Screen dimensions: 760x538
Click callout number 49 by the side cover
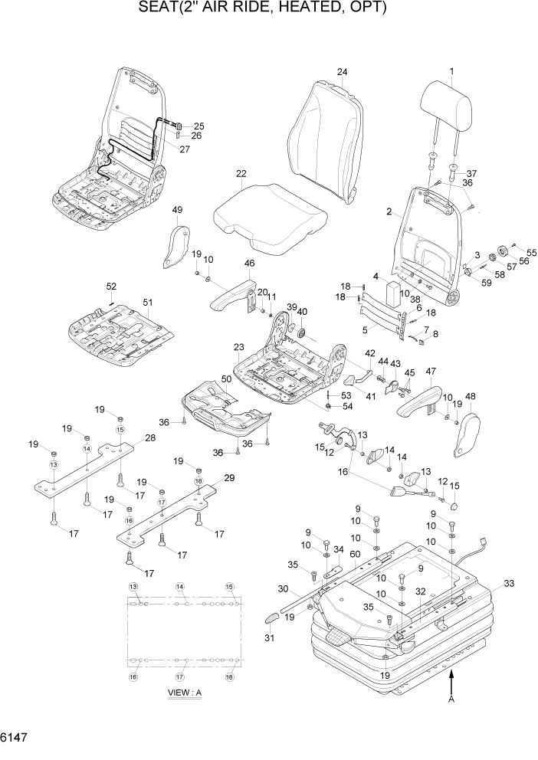[x=177, y=211]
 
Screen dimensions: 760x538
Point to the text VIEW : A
[x=184, y=693]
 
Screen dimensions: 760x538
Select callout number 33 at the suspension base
[x=507, y=583]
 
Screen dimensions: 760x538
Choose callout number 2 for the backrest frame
[x=389, y=211]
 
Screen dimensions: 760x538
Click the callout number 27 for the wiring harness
[x=184, y=149]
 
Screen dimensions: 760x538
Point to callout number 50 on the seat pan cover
[x=226, y=379]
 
